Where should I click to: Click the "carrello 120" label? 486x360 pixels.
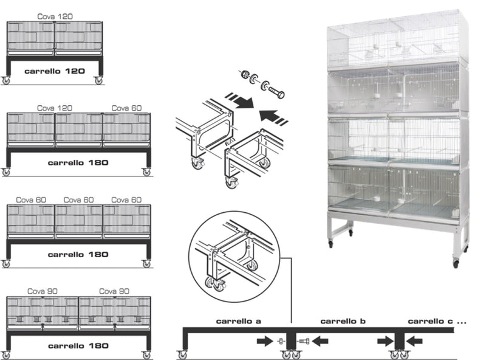55,71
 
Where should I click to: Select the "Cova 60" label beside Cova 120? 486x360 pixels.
126,108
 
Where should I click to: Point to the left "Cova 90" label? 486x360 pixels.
42,291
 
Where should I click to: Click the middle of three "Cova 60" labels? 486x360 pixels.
78,199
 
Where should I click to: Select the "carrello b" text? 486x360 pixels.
341,320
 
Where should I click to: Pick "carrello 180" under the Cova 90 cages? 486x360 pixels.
78,345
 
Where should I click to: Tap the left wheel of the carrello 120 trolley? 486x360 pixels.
6,80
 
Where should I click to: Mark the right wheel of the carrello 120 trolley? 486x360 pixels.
98,80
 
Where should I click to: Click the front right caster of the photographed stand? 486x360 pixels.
456,263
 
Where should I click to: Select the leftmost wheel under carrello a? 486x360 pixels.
182,355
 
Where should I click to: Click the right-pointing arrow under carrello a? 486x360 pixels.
264,342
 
